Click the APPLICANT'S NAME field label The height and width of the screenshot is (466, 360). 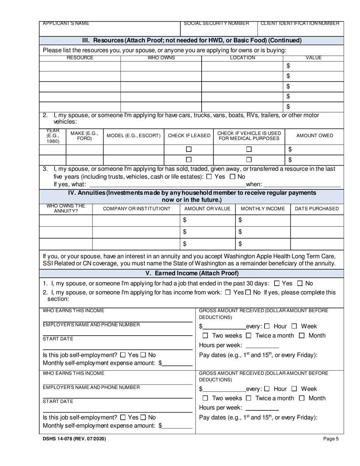(x=66, y=23)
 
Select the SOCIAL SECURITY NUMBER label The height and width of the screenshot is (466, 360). (x=216, y=23)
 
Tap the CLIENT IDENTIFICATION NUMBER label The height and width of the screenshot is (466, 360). (x=300, y=23)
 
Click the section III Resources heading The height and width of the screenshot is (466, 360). (x=192, y=41)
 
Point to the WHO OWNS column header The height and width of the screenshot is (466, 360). (x=161, y=58)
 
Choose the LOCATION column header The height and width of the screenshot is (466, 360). (x=243, y=58)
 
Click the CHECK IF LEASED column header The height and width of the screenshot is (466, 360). (x=189, y=136)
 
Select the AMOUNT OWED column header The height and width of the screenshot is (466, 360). (x=315, y=136)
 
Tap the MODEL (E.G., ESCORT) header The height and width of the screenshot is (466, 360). (x=133, y=136)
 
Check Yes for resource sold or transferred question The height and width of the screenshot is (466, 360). (x=209, y=177)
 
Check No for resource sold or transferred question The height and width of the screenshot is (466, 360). (x=232, y=177)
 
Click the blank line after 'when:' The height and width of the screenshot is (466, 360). (x=302, y=185)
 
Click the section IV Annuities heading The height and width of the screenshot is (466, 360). (x=192, y=196)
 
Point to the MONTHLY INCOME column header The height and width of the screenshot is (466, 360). (x=263, y=209)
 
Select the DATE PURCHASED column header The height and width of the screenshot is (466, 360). (x=317, y=209)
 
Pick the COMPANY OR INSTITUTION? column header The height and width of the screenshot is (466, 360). (x=136, y=209)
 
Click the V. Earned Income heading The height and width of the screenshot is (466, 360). (x=192, y=273)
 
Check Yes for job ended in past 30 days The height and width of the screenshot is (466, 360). (x=277, y=283)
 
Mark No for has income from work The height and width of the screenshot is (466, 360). (x=248, y=292)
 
